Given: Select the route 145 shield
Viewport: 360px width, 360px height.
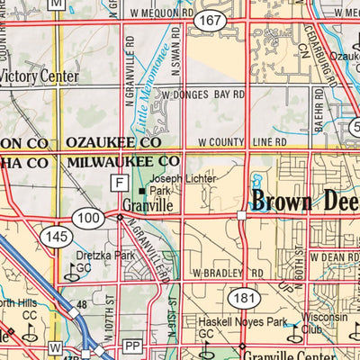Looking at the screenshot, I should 52,236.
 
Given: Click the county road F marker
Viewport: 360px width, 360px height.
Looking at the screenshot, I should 118,182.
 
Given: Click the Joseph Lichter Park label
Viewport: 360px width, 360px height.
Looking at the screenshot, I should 172,184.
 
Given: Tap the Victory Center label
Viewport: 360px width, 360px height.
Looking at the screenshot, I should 40,76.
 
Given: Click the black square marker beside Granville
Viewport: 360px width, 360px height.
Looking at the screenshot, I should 141,191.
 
